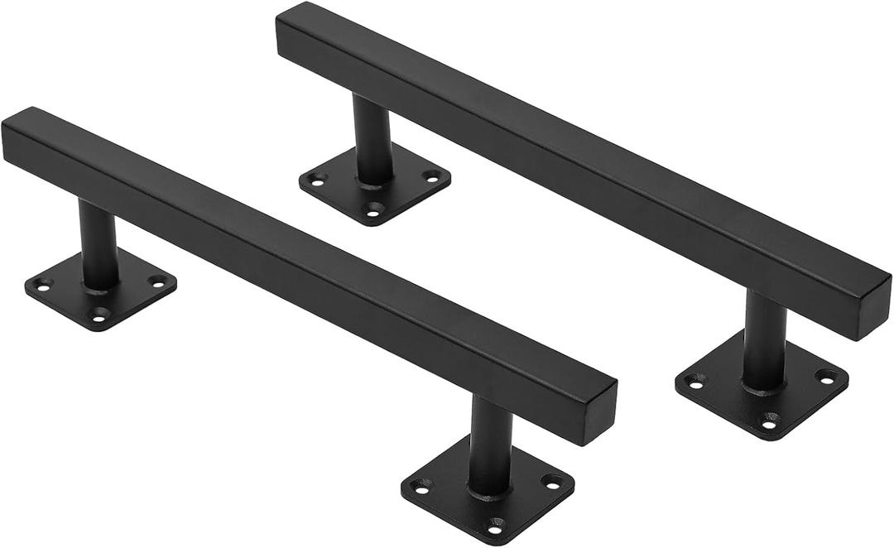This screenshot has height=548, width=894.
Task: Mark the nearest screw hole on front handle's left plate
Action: [100, 314]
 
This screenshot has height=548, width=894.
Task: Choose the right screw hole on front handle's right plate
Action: [550, 481]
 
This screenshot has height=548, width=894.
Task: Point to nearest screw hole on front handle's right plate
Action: [495, 523]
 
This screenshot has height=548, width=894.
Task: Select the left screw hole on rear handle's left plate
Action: [315, 178]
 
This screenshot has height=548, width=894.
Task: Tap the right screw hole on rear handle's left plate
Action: [431, 175]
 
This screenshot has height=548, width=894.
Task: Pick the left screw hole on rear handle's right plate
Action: [694, 381]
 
